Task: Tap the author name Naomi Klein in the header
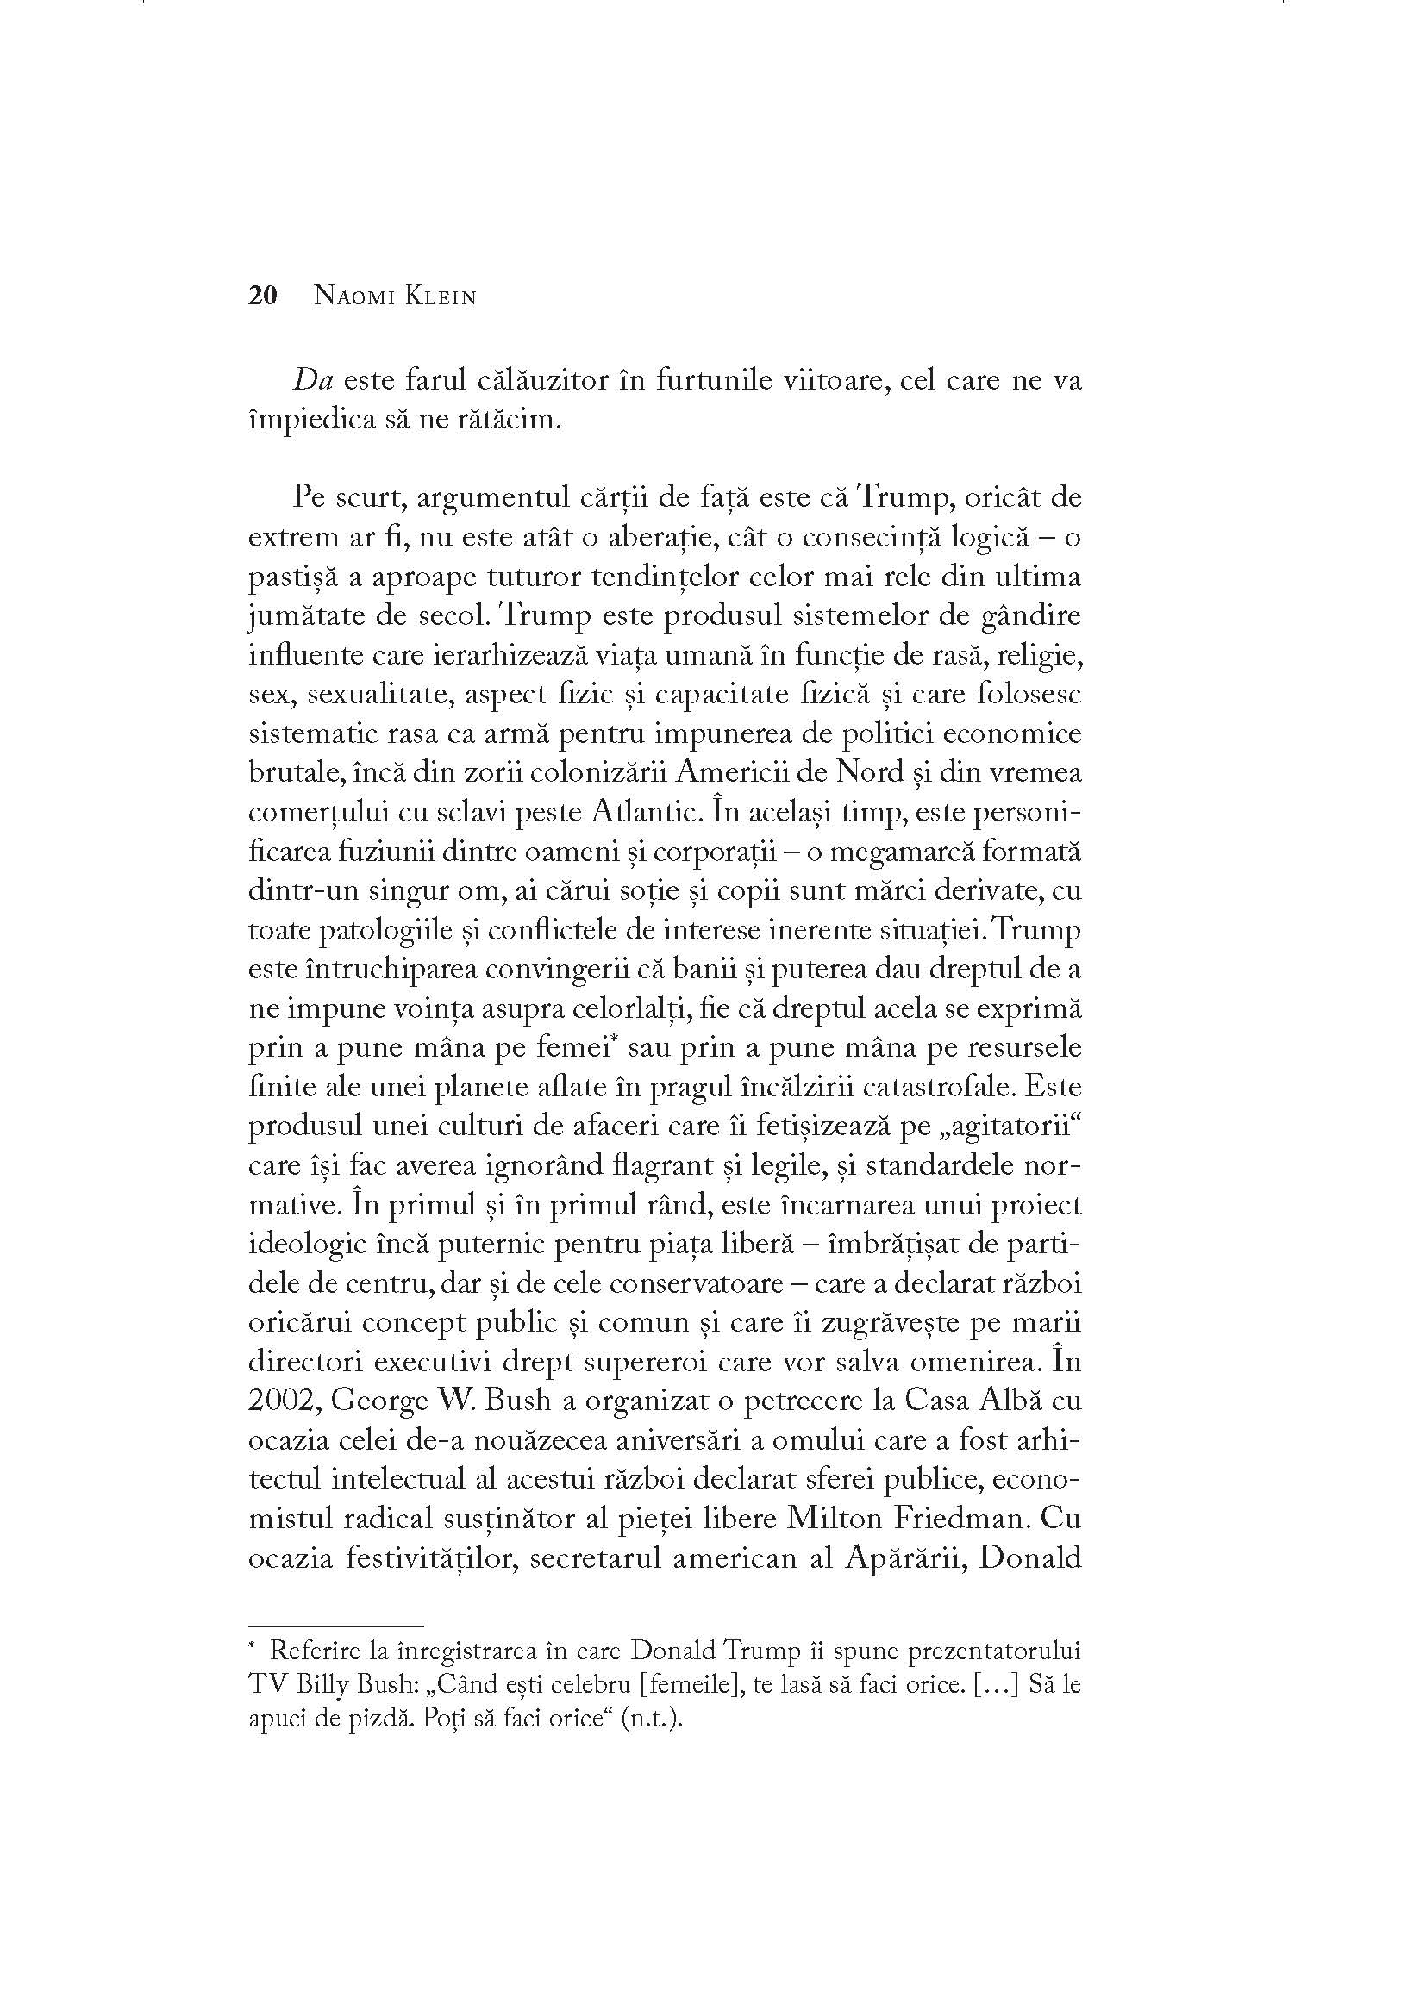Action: point(395,296)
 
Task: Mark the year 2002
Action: point(283,1401)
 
